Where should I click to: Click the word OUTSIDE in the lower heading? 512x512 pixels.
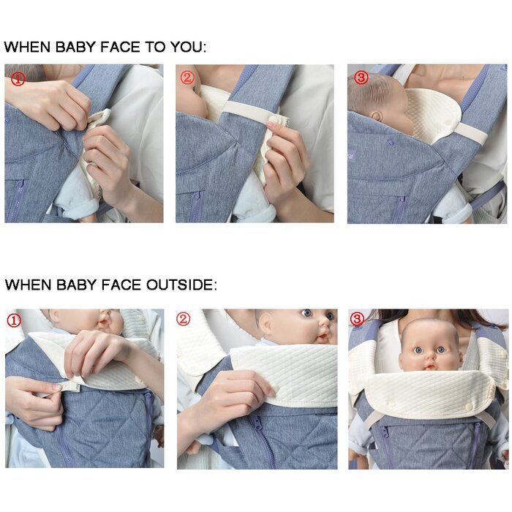click(180, 285)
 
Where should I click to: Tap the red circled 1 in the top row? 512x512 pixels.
click(18, 79)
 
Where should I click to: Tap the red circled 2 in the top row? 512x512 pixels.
click(187, 78)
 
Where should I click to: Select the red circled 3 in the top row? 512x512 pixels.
click(361, 78)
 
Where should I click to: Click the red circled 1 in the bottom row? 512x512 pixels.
click(14, 321)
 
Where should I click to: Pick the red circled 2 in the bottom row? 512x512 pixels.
click(183, 319)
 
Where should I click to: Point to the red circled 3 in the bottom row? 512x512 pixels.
click(357, 319)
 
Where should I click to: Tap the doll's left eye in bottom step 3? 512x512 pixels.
click(441, 350)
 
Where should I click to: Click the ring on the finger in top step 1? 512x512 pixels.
click(93, 167)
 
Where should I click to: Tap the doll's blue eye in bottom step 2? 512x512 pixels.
click(306, 313)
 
